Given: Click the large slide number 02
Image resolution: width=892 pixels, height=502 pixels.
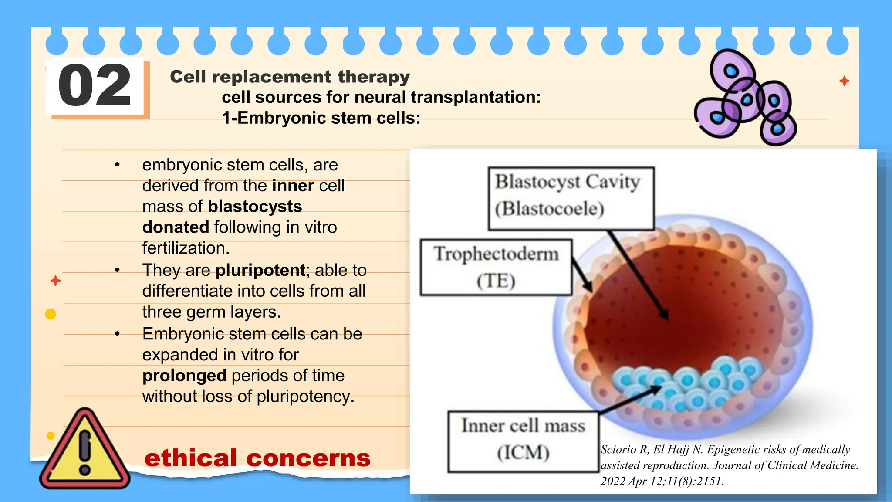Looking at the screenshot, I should (x=95, y=86).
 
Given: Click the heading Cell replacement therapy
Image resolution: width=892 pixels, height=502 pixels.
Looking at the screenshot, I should (x=290, y=77).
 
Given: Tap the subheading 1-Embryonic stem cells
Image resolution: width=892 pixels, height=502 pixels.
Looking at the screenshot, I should (x=321, y=118).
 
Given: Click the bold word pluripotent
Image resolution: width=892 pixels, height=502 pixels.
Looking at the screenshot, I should (x=260, y=270).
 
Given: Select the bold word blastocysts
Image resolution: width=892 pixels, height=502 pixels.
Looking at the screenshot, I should (x=255, y=207).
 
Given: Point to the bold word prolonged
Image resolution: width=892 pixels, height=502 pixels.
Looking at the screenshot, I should (x=184, y=376).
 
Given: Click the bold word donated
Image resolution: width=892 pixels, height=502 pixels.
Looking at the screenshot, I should (x=176, y=227).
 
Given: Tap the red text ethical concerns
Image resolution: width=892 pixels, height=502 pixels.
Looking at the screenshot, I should (x=257, y=458).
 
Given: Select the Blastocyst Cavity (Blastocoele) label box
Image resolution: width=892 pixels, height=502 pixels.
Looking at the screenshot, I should (x=571, y=198).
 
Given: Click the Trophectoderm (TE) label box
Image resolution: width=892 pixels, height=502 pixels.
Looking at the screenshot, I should (x=496, y=267).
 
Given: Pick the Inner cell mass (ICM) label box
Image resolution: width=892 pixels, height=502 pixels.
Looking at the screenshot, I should (x=523, y=441).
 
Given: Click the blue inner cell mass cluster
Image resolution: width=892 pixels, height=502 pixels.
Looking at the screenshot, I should (x=688, y=383).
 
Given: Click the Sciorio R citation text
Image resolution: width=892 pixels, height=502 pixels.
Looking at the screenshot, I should (x=729, y=465).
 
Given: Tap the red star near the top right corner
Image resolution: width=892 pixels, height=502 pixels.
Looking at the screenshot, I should (x=844, y=81).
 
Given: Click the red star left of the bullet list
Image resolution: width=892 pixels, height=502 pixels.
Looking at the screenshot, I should (x=55, y=281).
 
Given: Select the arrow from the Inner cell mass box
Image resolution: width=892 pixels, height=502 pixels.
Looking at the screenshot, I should (x=629, y=399).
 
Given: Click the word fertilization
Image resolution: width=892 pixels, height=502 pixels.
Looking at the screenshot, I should (x=186, y=248).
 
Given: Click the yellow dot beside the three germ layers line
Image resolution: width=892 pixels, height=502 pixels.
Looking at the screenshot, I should (x=51, y=314).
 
